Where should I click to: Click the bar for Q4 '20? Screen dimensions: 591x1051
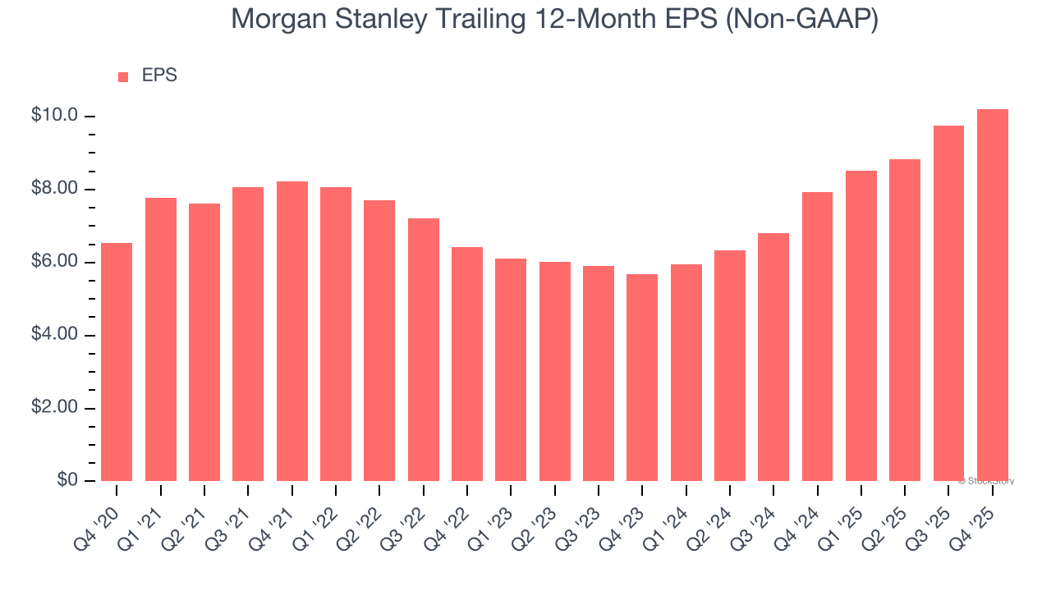click(x=117, y=362)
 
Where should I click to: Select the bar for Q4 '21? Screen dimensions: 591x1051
click(x=292, y=331)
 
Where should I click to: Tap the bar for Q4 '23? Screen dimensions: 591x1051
click(x=642, y=378)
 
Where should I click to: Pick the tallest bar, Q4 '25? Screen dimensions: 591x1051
click(x=993, y=295)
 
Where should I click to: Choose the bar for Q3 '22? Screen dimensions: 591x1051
click(x=424, y=350)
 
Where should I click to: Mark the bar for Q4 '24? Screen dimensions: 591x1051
click(x=818, y=337)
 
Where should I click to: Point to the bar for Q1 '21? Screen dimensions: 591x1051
click(x=161, y=339)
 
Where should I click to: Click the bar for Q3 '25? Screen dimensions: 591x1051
click(x=948, y=303)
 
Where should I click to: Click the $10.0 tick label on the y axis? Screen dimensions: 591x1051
click(x=55, y=116)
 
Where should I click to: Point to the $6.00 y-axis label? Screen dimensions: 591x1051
click(x=55, y=262)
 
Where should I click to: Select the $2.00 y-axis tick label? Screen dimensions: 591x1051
click(x=55, y=408)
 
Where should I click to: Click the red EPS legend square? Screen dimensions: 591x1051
click(x=123, y=76)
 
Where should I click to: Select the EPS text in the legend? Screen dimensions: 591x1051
click(x=159, y=76)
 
